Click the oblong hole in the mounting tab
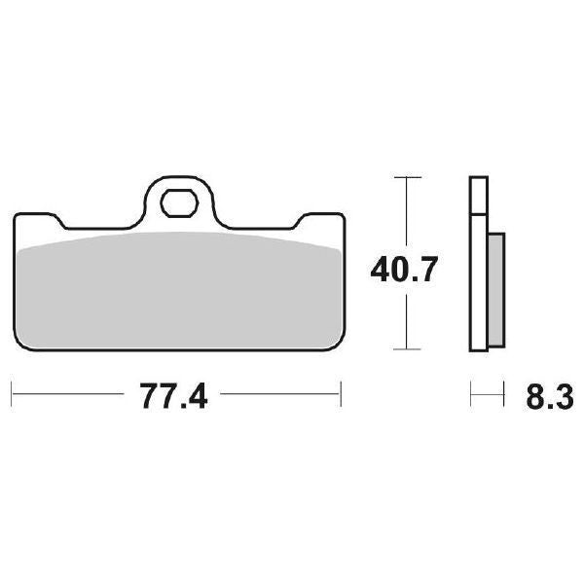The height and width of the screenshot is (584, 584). point(179,204)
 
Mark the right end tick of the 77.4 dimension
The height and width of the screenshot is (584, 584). point(341,395)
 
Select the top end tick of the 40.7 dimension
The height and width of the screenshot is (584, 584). point(406,178)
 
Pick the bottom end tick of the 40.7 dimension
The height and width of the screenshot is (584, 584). point(406,348)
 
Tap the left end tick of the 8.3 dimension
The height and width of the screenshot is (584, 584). point(471,395)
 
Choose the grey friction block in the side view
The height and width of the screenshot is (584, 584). point(494,290)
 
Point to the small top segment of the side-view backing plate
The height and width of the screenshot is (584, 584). point(477,195)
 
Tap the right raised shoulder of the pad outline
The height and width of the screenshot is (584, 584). point(321,213)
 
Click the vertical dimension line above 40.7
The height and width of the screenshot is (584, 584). point(406,214)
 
